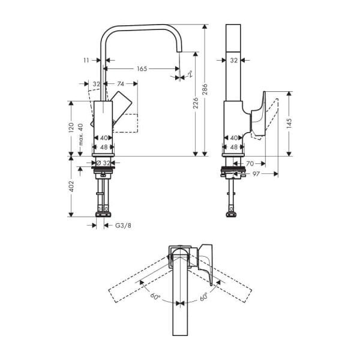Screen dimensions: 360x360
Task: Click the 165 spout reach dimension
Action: point(141,69)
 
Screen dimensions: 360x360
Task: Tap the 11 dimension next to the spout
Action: point(86,60)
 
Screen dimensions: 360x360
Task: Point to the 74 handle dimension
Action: point(121,84)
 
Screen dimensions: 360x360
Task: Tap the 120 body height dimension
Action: point(71,127)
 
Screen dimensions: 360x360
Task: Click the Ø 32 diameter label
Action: point(103,163)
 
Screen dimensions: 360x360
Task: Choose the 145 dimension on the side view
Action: point(289,124)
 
